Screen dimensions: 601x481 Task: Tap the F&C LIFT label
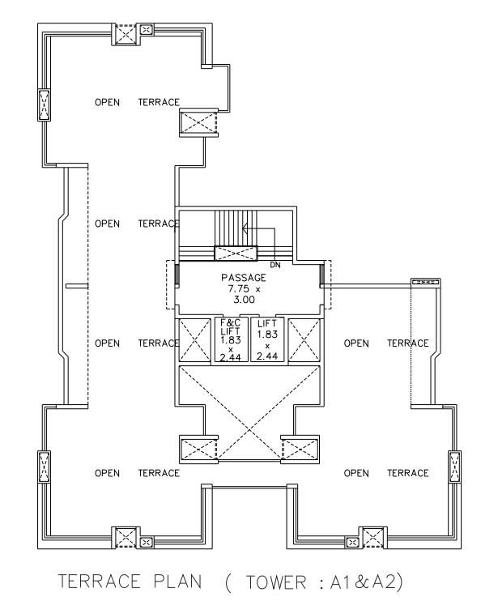pyautogui.click(x=228, y=327)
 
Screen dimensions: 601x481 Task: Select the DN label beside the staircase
pyautogui.click(x=275, y=264)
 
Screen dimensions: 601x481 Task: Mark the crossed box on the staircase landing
pyautogui.click(x=236, y=253)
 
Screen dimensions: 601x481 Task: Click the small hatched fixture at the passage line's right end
pyautogui.click(x=425, y=281)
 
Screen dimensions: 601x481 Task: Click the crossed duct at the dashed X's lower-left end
pyautogui.click(x=198, y=448)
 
